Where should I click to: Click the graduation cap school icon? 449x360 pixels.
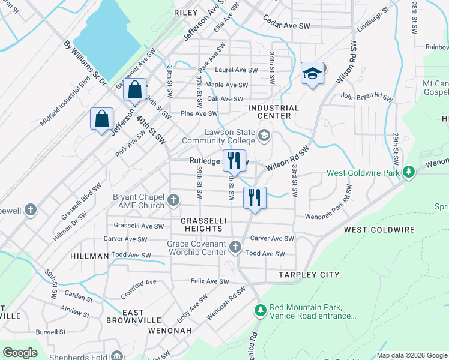[312, 74]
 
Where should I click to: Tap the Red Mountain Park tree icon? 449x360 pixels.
[260, 310]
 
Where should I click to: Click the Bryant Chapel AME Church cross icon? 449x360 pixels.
[173, 200]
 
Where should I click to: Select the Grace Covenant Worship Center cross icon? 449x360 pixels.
[235, 247]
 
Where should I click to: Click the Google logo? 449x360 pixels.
[20, 352]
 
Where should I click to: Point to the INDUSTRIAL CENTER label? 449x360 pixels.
[274, 112]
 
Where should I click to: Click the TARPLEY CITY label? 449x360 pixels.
[309, 275]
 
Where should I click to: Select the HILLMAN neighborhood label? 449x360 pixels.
[89, 256]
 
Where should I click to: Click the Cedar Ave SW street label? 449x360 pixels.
[287, 26]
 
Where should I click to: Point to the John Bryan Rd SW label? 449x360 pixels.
[366, 95]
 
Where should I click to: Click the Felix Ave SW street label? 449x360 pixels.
[210, 281]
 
